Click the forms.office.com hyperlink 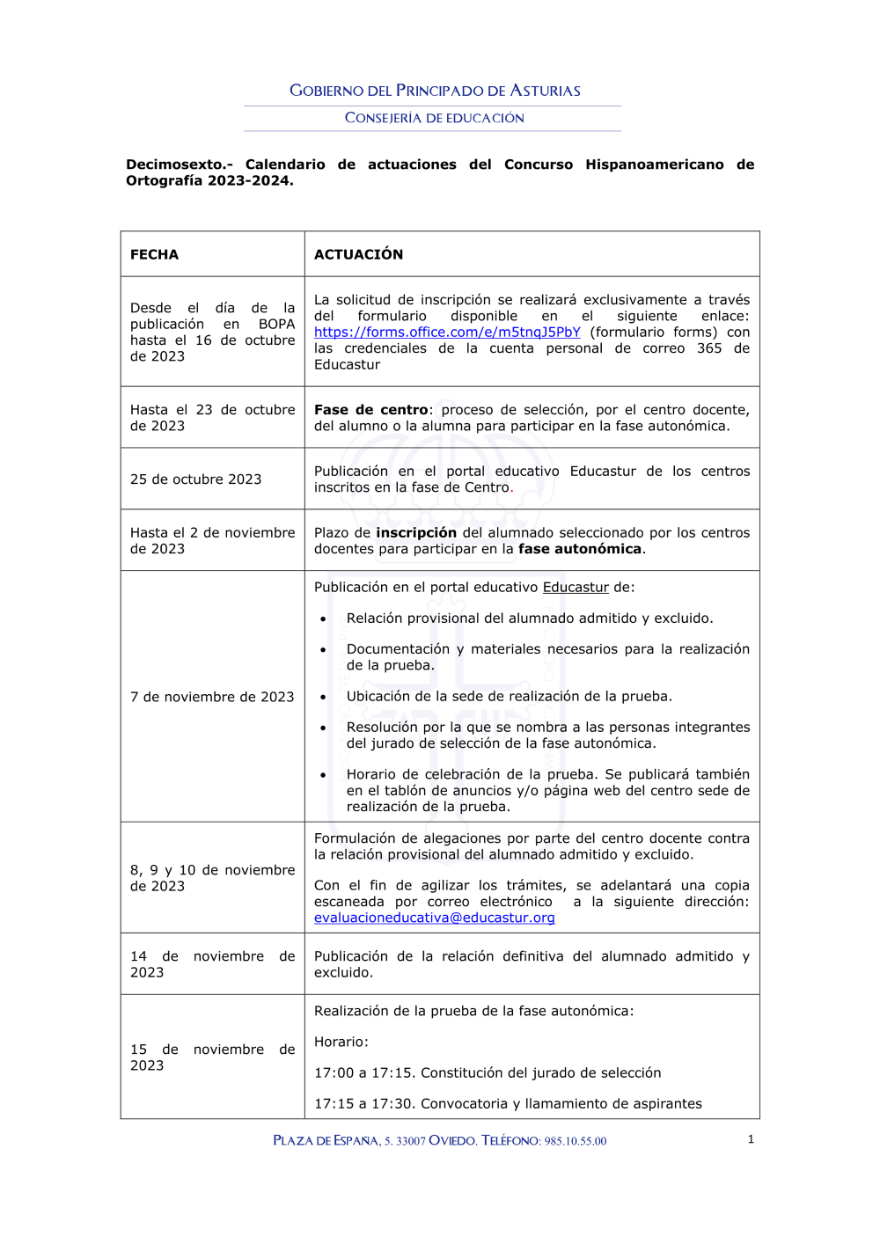click(x=447, y=333)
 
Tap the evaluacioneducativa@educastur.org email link click(x=434, y=918)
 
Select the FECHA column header click(x=154, y=254)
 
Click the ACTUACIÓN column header click(x=358, y=254)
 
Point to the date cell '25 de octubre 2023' click(x=195, y=479)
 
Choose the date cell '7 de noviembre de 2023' click(x=212, y=697)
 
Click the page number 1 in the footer click(x=751, y=1139)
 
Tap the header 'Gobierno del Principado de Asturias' click(x=435, y=91)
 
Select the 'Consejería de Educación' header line click(x=434, y=118)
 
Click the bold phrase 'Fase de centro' click(x=370, y=410)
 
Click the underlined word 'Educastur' click(x=576, y=588)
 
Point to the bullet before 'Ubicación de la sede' click(x=323, y=698)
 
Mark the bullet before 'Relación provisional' click(x=323, y=619)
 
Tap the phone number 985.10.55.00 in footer click(x=575, y=1141)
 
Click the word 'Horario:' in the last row click(x=341, y=1043)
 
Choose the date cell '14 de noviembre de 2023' click(x=212, y=964)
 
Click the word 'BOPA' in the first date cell click(x=276, y=325)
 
